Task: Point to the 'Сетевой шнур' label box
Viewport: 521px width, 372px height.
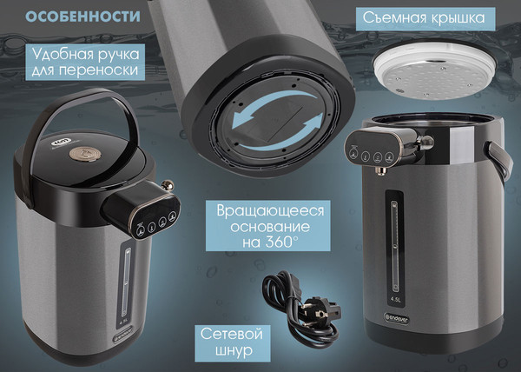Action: pyautogui.click(x=232, y=344)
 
